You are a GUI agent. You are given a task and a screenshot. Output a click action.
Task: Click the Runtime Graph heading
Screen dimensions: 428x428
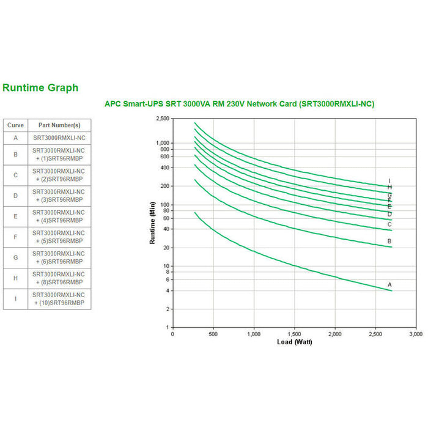[40, 88]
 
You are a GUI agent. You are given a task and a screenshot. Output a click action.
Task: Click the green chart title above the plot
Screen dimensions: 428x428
[240, 104]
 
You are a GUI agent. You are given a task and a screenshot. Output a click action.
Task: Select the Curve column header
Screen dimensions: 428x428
[15, 125]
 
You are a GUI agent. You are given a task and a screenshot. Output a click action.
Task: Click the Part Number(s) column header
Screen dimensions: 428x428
[59, 125]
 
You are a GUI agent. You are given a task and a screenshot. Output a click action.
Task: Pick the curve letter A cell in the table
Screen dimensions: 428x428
[15, 138]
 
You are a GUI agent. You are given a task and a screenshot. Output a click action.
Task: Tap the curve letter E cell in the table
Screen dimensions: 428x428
[15, 216]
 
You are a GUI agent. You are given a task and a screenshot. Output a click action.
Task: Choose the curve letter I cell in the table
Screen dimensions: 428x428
[15, 299]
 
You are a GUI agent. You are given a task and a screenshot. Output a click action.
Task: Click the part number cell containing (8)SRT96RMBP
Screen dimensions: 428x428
[59, 278]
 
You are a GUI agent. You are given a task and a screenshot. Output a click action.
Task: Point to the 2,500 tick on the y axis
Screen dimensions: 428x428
[162, 119]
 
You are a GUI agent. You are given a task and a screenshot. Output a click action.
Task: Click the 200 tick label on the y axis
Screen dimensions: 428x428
[164, 186]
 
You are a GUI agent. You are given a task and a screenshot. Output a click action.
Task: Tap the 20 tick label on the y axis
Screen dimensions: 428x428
[166, 248]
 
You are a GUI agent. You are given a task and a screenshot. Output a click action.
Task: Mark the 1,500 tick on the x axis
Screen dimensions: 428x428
[294, 334]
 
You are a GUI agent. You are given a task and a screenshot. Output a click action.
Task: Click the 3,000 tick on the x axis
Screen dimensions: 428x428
[416, 334]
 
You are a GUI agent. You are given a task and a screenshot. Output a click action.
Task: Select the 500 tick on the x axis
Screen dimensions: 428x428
[213, 334]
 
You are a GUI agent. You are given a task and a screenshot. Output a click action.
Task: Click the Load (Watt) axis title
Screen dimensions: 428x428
[294, 342]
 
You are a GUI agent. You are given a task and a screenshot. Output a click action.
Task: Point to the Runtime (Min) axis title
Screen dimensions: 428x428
[152, 223]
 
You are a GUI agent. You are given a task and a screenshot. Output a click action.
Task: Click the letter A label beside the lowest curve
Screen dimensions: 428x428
[389, 285]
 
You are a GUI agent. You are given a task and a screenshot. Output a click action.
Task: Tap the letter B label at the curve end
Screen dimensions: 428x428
[389, 242]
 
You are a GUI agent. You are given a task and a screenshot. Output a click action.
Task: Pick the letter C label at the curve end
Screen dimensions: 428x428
[389, 224]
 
